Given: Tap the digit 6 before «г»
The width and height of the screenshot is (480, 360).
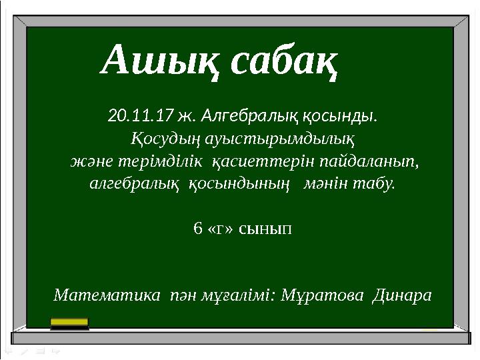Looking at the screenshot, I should (x=197, y=229).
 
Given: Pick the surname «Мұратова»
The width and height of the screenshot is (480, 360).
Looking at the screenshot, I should (x=324, y=294).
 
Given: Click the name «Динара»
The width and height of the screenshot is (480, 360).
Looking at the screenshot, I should (x=402, y=294).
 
